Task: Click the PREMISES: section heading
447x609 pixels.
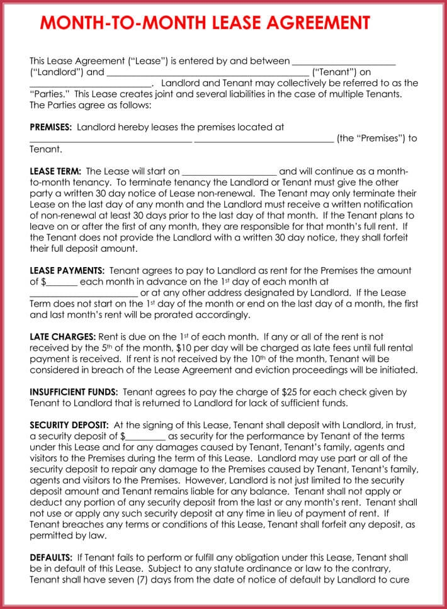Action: pos(51,127)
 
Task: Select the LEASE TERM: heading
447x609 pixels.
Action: pos(55,171)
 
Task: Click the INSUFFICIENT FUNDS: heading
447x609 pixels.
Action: pos(72,392)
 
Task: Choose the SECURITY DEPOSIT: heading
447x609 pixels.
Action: pos(69,425)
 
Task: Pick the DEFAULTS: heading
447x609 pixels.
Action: pos(51,557)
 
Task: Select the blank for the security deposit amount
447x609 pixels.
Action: pos(145,436)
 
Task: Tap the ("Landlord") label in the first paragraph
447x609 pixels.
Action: pos(57,72)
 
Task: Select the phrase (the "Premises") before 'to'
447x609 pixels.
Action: pos(370,139)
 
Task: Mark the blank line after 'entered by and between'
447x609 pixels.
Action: pos(344,62)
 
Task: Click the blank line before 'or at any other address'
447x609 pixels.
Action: pos(84,293)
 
